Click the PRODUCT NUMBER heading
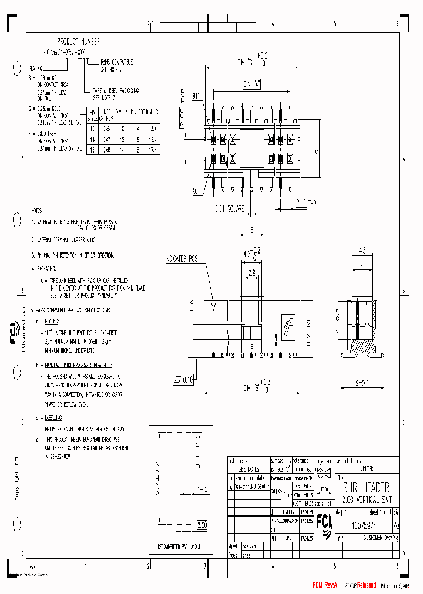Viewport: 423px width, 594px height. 78,42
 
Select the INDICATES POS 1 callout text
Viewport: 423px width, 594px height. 186,258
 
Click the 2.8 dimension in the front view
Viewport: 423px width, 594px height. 251,273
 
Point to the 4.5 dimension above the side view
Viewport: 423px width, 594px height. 362,251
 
